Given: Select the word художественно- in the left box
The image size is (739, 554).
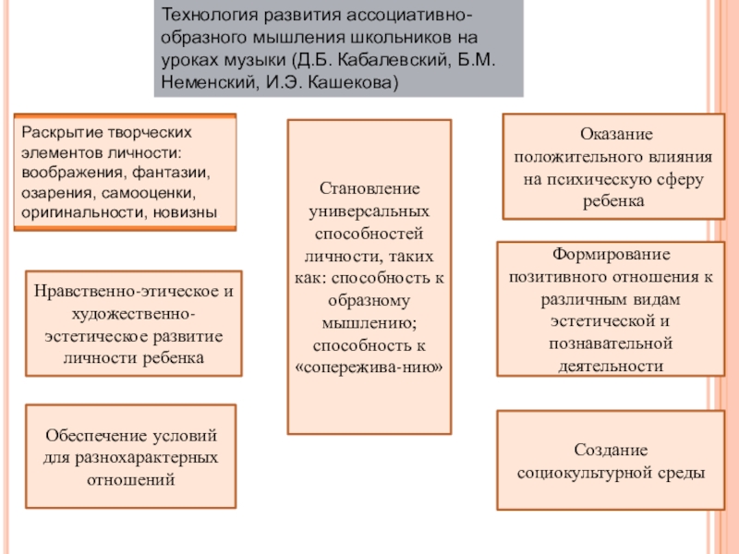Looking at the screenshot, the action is [134, 313].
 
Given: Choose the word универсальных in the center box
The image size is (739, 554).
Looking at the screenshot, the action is [369, 211].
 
